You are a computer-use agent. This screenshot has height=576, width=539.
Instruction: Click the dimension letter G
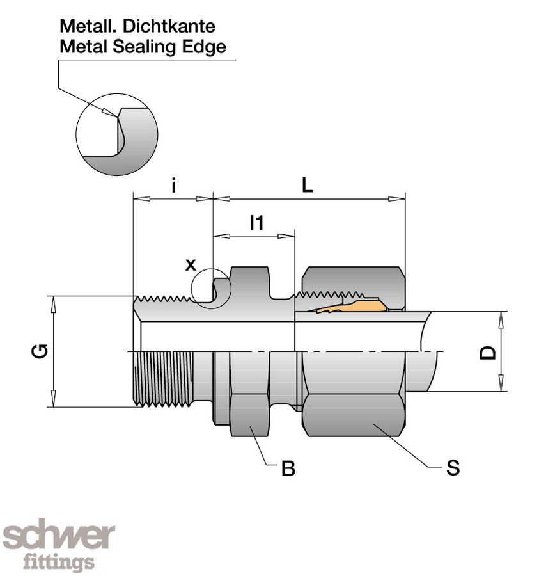click(40, 351)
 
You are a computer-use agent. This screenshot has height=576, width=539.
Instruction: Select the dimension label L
click(308, 186)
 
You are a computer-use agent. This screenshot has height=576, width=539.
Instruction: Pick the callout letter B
click(288, 469)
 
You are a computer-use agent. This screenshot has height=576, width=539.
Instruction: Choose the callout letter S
click(453, 468)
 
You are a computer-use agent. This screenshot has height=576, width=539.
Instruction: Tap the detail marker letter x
click(191, 264)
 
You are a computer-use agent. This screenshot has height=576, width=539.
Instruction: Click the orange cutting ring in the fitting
click(358, 305)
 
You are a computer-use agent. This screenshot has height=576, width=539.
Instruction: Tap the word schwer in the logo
click(59, 536)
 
